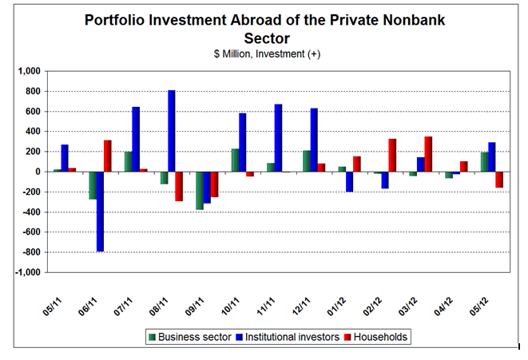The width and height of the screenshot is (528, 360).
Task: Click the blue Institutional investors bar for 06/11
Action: (101, 212)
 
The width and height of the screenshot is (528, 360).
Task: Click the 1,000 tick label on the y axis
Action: (29, 71)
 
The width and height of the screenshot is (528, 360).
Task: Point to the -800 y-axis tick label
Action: (30, 252)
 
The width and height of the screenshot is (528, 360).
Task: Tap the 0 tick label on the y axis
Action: (38, 172)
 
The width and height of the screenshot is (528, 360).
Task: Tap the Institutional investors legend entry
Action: (292, 337)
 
